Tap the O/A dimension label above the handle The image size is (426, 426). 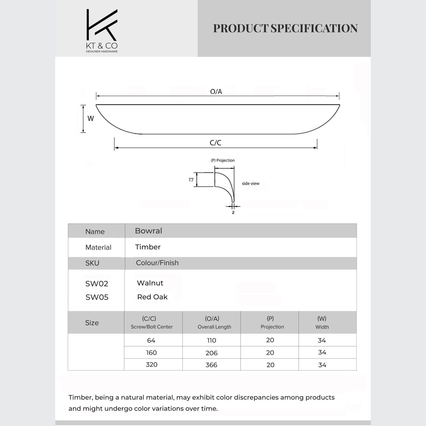pyautogui.click(x=216, y=92)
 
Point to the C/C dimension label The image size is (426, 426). pyautogui.click(x=216, y=143)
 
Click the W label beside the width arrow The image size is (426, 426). pyautogui.click(x=91, y=118)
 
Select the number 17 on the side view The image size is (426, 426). pyautogui.click(x=191, y=180)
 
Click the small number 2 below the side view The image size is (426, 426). pyautogui.click(x=233, y=212)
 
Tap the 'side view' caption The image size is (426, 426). pyautogui.click(x=251, y=184)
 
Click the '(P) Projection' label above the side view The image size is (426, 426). pyautogui.click(x=223, y=160)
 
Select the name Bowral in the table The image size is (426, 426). pyautogui.click(x=148, y=231)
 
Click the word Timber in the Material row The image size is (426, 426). pyautogui.click(x=148, y=247)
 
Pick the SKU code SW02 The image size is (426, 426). pyautogui.click(x=97, y=284)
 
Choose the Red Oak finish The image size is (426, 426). pyautogui.click(x=152, y=297)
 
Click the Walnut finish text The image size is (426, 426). pyautogui.click(x=150, y=283)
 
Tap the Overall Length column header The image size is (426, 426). pyautogui.click(x=214, y=327)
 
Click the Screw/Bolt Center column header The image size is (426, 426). pyautogui.click(x=151, y=327)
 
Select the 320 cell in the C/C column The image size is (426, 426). pyautogui.click(x=151, y=365)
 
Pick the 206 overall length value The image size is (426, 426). pyautogui.click(x=211, y=353)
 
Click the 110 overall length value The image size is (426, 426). pyautogui.click(x=211, y=341)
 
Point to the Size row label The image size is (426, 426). pyautogui.click(x=92, y=323)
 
